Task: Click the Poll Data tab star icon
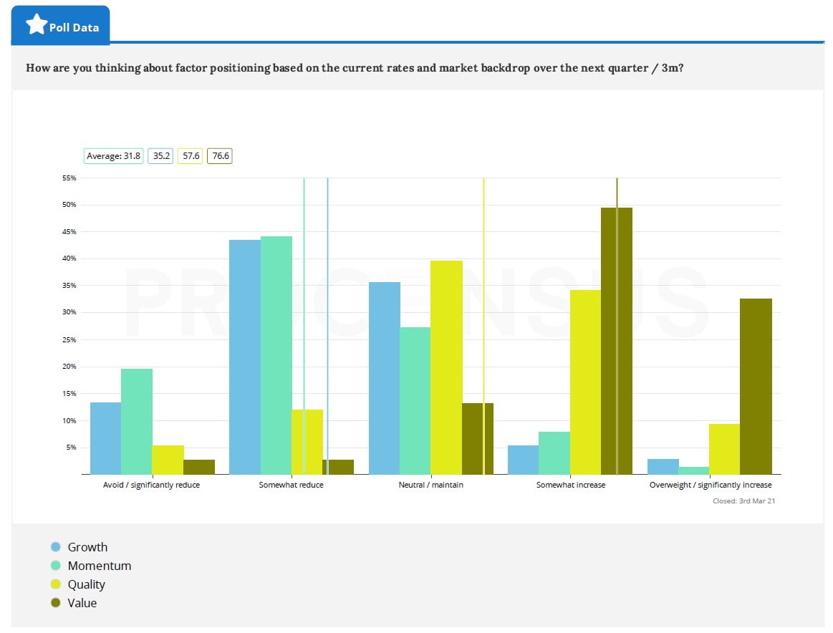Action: click(37, 25)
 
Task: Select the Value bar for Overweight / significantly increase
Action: click(756, 386)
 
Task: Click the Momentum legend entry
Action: click(99, 566)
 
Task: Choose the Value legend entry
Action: click(82, 603)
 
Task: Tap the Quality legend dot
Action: click(56, 584)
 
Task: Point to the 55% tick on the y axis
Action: click(69, 178)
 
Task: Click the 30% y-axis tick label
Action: click(69, 312)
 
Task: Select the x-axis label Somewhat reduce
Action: click(291, 485)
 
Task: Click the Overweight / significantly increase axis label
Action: click(711, 485)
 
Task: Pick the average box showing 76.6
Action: click(220, 155)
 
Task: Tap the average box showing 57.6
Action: click(190, 155)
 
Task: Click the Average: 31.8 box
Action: click(114, 155)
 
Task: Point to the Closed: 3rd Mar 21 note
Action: click(743, 501)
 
